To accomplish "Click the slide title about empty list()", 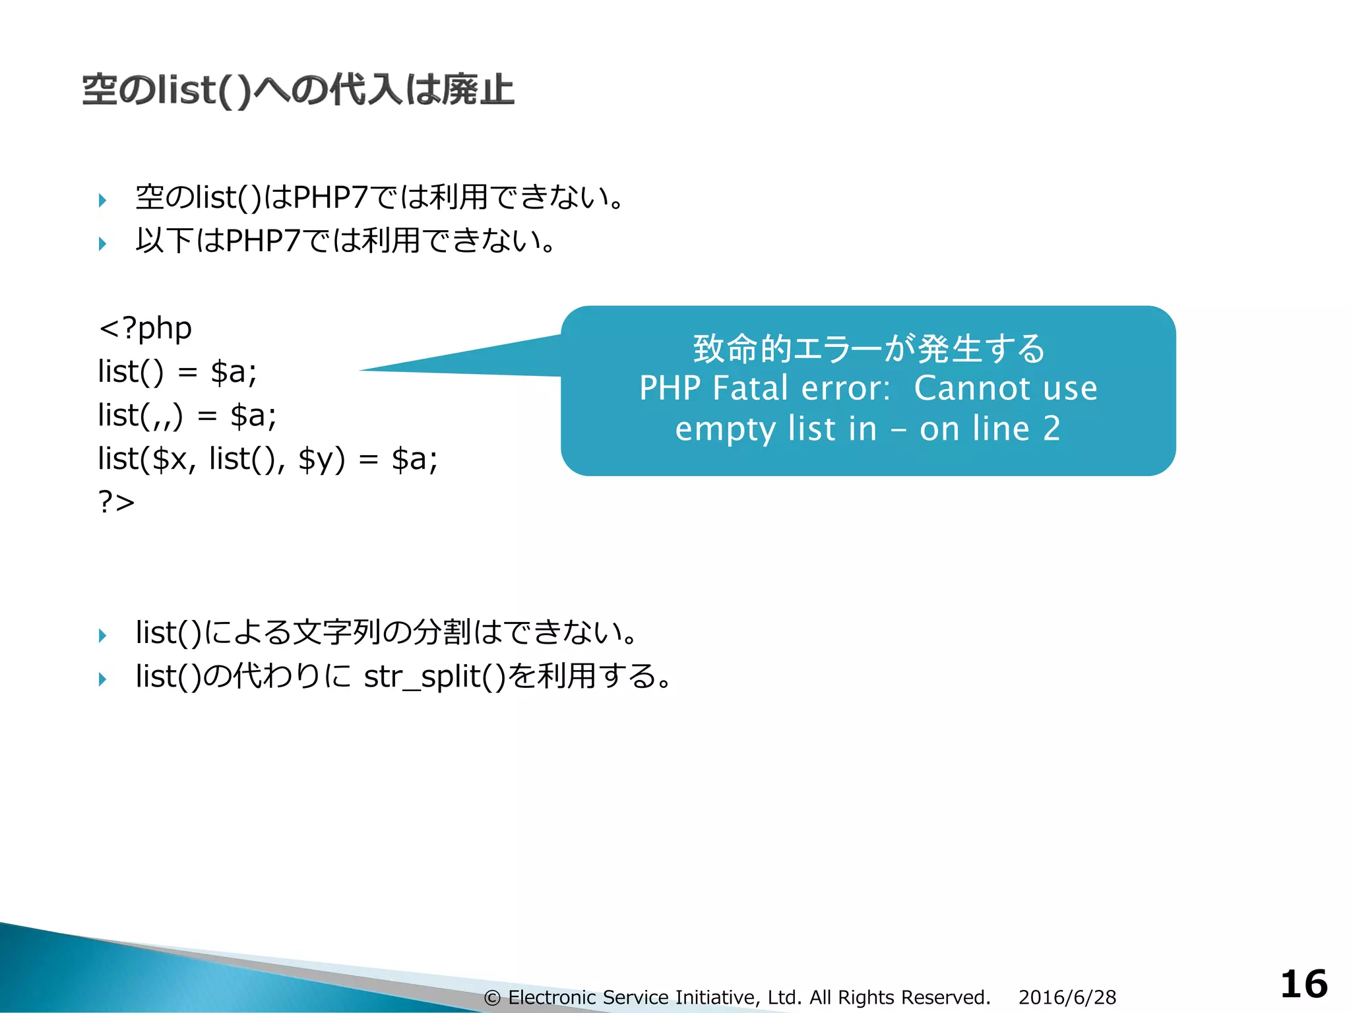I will pos(298,90).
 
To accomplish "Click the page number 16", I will pos(1304,984).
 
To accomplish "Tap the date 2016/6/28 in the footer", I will pos(1067,997).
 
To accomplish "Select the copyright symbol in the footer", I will pos(492,998).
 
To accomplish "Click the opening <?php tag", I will pos(145,328).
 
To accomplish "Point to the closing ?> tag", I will pos(116,502).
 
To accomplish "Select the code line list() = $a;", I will pos(177,371).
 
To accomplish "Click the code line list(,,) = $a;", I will pos(187,415).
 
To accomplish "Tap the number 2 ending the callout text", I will pos(1052,429).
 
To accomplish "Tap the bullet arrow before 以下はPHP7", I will pos(102,243).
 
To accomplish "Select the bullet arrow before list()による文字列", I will pos(102,635).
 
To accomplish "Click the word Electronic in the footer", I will pos(551,997).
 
